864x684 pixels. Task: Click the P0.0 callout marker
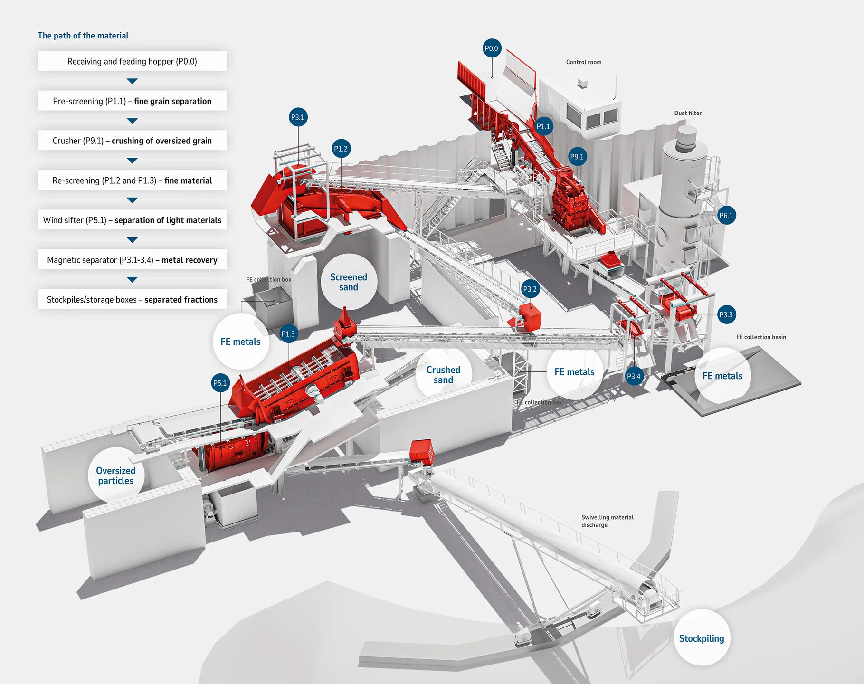click(x=492, y=48)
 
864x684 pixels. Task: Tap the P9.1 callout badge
click(x=577, y=157)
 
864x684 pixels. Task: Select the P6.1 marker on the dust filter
click(x=726, y=216)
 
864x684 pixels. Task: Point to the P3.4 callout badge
click(x=634, y=376)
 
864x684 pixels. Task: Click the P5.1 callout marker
click(x=220, y=383)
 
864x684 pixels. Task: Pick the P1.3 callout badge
click(x=288, y=334)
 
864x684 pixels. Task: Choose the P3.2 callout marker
click(x=530, y=289)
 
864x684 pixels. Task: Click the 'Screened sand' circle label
click(x=349, y=282)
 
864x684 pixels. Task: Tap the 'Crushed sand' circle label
click(x=443, y=375)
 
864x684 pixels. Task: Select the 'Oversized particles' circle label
click(x=116, y=475)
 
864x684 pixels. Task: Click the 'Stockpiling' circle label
click(x=702, y=638)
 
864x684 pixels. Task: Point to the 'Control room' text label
click(x=584, y=62)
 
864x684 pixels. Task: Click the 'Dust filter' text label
click(x=688, y=113)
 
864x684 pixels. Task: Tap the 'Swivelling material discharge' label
click(x=607, y=521)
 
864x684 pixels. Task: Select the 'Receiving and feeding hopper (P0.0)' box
click(x=132, y=61)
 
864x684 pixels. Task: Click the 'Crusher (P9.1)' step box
click(x=132, y=141)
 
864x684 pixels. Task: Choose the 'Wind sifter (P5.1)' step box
click(x=132, y=220)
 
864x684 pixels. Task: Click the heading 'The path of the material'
click(x=83, y=36)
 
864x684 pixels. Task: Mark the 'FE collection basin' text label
click(x=761, y=337)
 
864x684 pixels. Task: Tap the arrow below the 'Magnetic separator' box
click(x=133, y=280)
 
